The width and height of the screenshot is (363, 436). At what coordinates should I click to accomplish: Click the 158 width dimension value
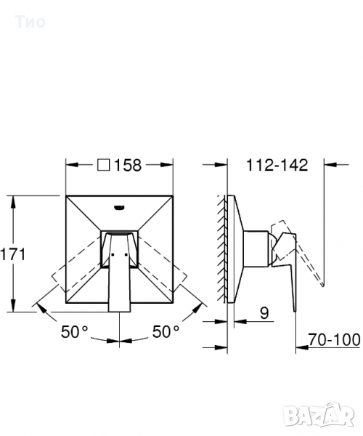pos(128,165)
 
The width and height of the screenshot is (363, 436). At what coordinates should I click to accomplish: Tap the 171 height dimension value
pos(13,254)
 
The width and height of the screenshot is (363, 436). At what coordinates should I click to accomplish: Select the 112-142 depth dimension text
pos(277,165)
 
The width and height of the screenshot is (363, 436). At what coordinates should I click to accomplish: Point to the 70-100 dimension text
pos(334,339)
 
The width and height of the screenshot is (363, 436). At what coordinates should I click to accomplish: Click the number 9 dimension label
pos(264,312)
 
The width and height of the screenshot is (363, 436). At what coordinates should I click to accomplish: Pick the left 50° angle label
pos(74,332)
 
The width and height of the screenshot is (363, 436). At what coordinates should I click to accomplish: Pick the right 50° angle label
pos(166,332)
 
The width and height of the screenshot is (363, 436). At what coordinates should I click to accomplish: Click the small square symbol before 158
pos(104,165)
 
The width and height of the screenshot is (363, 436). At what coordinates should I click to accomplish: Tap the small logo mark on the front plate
pos(119,207)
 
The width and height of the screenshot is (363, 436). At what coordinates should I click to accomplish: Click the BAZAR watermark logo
pos(319,416)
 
